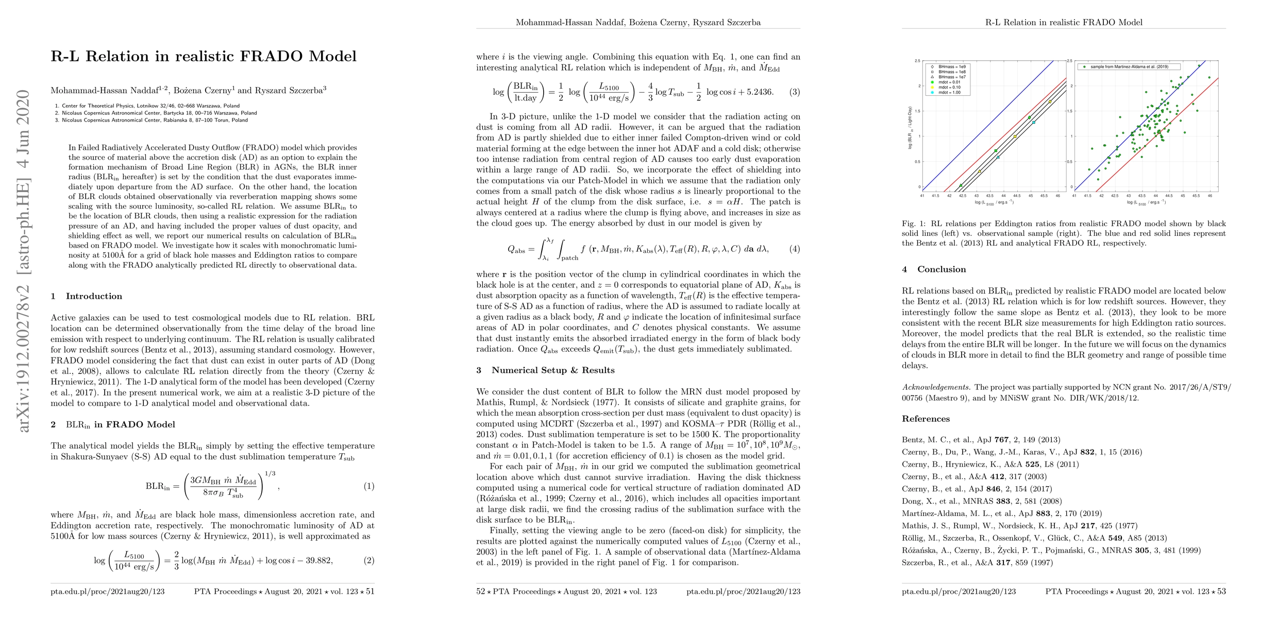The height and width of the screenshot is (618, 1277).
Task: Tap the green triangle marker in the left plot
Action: pos(961,185)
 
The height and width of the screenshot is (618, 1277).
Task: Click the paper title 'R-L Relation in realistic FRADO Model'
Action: pos(204,56)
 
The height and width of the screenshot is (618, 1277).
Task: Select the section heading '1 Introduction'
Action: pos(87,296)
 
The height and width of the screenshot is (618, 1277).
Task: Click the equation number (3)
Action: pos(795,92)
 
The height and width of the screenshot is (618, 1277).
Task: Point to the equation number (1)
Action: pos(369,486)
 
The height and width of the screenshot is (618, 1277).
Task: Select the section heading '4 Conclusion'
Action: pos(934,269)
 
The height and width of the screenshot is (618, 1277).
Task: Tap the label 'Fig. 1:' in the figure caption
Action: pos(914,224)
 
